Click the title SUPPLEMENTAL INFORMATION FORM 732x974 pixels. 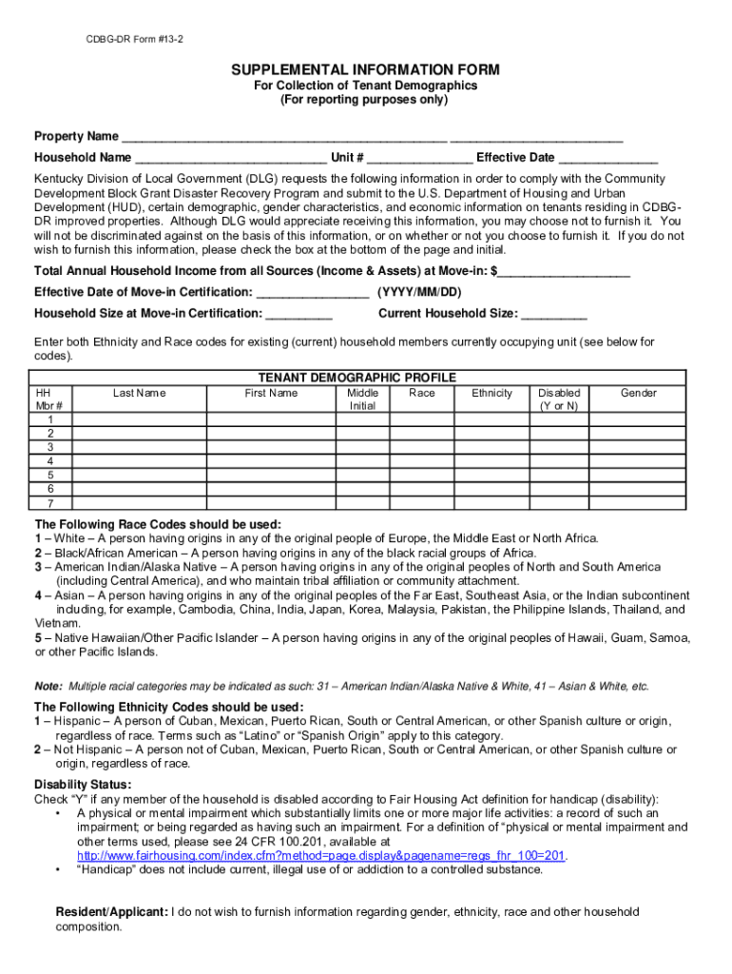pyautogui.click(x=364, y=70)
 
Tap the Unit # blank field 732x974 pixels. pyautogui.click(x=419, y=159)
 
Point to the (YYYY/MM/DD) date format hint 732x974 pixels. pyautogui.click(x=419, y=292)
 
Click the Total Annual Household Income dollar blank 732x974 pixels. pyautogui.click(x=564, y=272)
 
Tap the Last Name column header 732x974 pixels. pyautogui.click(x=139, y=394)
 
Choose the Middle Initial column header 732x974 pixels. pyautogui.click(x=362, y=399)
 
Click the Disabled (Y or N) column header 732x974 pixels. pyautogui.click(x=559, y=399)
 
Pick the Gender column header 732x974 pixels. pyautogui.click(x=639, y=394)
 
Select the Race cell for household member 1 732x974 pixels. pyautogui.click(x=422, y=419)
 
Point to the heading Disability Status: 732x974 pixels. pyautogui.click(x=83, y=785)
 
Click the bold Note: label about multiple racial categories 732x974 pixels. pyautogui.click(x=48, y=686)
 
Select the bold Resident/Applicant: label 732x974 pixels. pyautogui.click(x=112, y=912)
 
